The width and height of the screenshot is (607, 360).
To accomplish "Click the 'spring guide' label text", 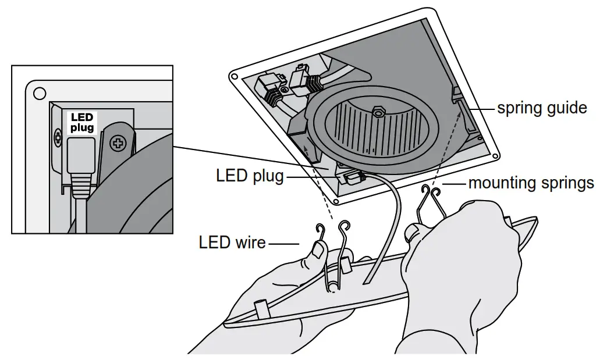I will (x=541, y=108).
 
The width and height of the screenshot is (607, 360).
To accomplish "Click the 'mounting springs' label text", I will (x=531, y=183).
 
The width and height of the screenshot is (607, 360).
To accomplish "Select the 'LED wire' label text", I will (x=232, y=242).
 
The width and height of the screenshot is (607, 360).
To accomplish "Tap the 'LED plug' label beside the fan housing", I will (x=250, y=176).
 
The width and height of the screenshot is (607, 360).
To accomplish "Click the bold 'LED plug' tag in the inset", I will (x=81, y=123).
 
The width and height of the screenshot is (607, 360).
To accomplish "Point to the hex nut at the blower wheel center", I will (x=378, y=111).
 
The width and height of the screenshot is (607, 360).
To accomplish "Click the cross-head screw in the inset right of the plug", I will (x=118, y=142).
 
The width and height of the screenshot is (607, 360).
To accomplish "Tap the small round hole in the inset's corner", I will (x=40, y=93).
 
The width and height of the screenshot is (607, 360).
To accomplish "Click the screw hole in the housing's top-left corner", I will (x=235, y=76).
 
